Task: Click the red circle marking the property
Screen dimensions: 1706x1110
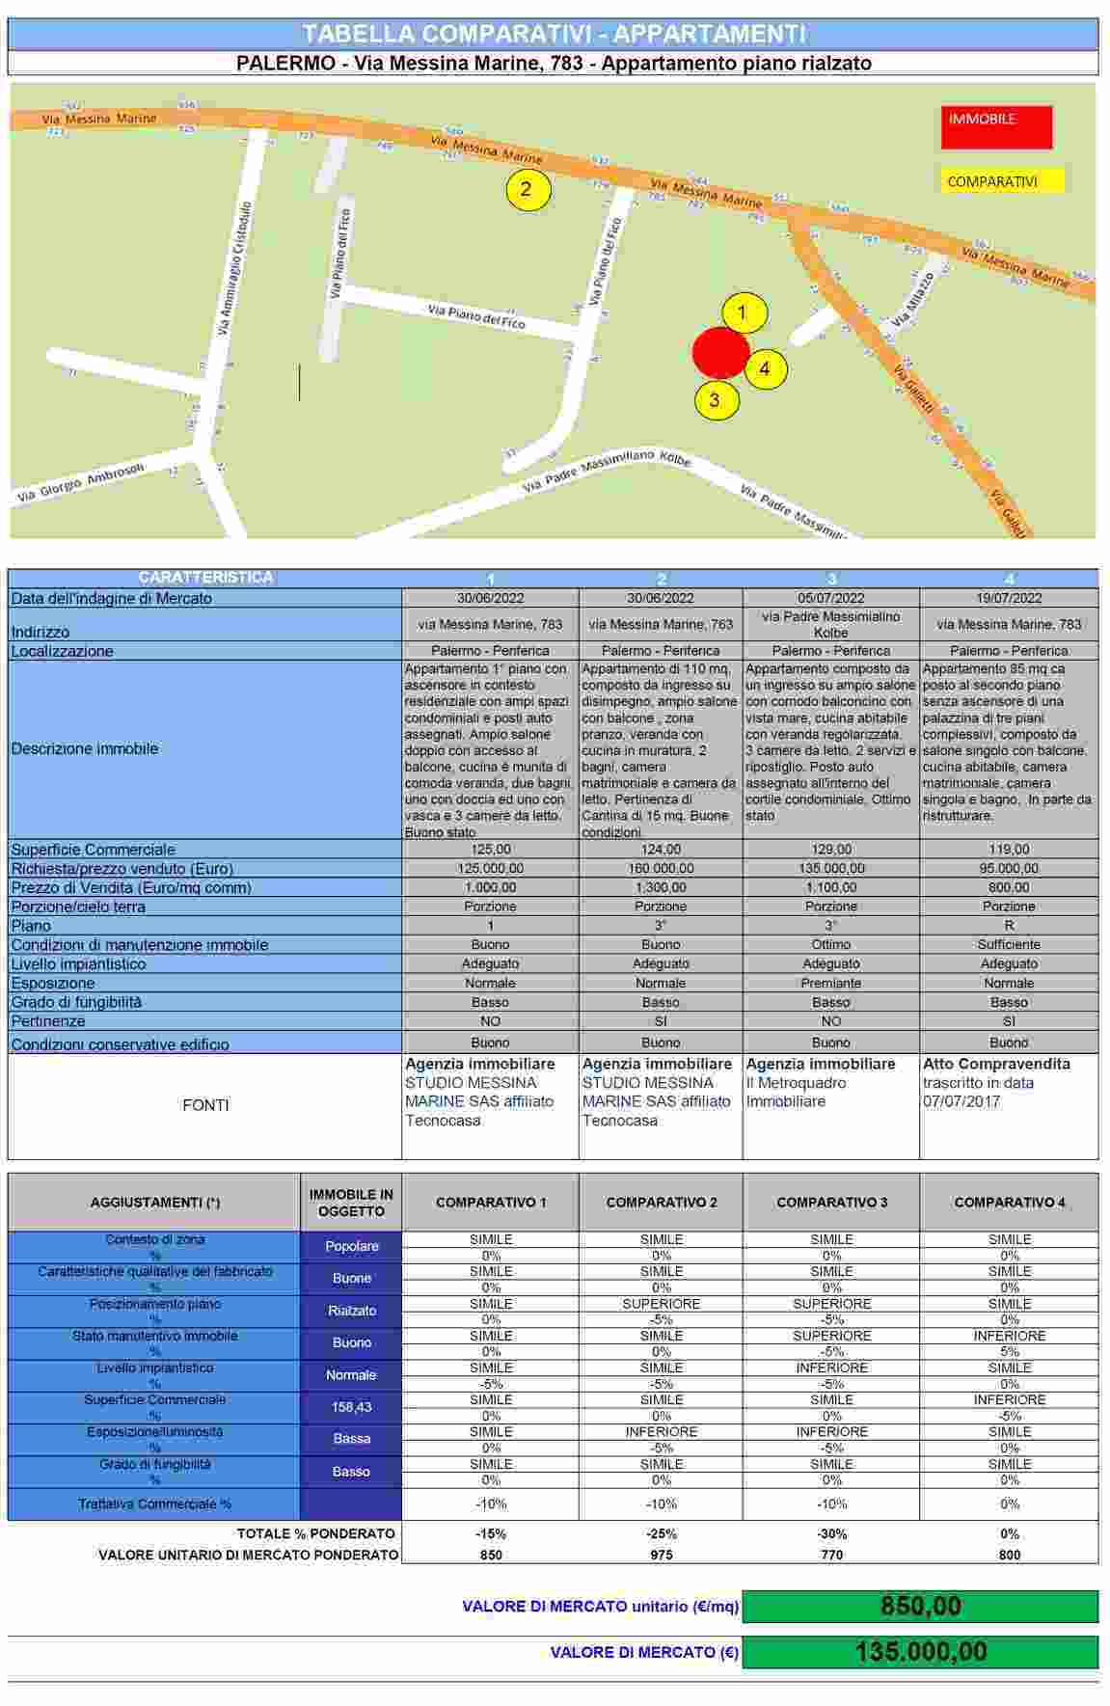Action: [720, 352]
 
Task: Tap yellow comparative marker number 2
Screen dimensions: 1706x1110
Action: [527, 189]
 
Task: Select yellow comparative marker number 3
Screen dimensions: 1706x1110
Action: [715, 399]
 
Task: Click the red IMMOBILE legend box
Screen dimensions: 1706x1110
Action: [996, 126]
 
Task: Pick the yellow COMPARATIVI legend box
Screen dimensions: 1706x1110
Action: [1003, 181]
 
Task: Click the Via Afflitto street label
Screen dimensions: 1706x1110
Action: [912, 299]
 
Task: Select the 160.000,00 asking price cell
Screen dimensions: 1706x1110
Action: [661, 868]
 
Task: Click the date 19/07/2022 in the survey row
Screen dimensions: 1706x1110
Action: [1009, 598]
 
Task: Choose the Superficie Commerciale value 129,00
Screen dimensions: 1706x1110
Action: [831, 850]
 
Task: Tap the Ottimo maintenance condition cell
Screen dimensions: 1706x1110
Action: [831, 944]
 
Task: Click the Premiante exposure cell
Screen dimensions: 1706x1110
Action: [831, 983]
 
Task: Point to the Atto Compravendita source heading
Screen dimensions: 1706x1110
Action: [996, 1064]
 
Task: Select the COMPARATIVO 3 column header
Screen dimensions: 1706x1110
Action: [831, 1202]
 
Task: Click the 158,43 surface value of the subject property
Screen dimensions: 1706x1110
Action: [351, 1407]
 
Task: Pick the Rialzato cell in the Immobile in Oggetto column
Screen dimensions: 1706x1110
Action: [351, 1311]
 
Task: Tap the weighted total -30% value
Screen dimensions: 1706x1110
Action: [831, 1533]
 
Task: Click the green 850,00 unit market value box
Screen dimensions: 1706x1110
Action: [920, 1606]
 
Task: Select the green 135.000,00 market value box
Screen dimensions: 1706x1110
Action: [920, 1652]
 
